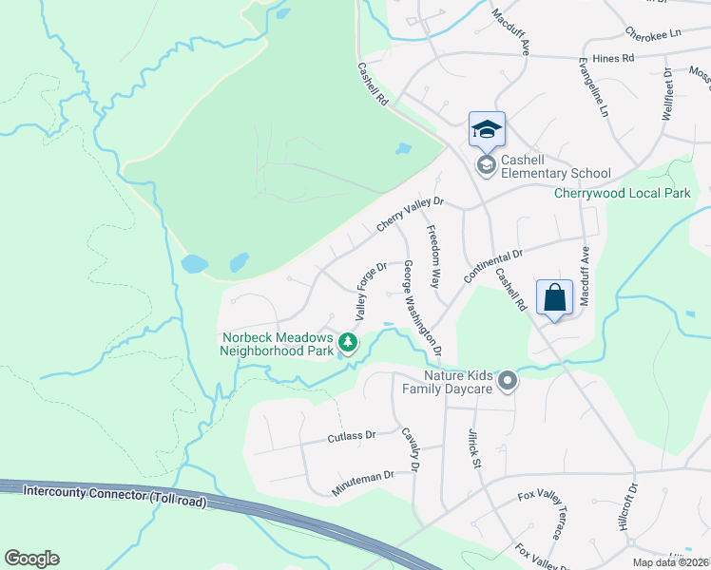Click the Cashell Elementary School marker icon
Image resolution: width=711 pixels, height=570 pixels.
(487, 166)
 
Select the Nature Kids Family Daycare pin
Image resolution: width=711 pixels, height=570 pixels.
(508, 381)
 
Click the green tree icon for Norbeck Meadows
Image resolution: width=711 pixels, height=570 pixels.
(349, 342)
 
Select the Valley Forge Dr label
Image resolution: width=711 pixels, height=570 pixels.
(371, 291)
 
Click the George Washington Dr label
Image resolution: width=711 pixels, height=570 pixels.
(422, 308)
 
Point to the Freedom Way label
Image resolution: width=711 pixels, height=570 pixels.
(433, 256)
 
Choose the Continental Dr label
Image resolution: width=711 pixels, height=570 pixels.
(493, 266)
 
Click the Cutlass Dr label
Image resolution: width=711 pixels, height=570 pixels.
(352, 435)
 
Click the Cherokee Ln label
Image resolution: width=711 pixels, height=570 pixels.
(653, 33)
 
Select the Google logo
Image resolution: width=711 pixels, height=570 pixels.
(31, 559)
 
